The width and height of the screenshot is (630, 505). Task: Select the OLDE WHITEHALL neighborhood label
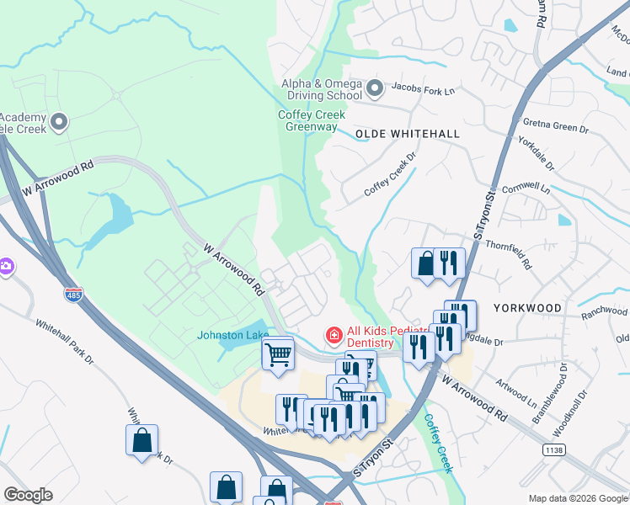coord(408,134)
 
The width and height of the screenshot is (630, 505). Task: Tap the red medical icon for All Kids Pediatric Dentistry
coord(334,337)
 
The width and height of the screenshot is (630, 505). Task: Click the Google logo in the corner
coord(28,494)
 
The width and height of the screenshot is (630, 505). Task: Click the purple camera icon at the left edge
coord(5,266)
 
